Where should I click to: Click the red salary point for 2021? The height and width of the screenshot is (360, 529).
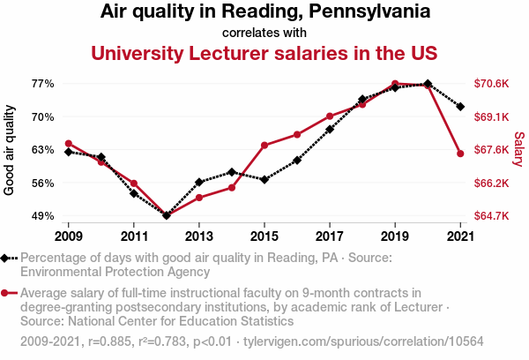point(460,154)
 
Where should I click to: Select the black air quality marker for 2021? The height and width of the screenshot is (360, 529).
point(460,107)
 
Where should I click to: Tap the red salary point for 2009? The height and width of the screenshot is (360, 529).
point(69,144)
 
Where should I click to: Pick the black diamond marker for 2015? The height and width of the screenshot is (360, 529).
point(264,179)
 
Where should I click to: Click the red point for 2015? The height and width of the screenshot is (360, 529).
point(264,145)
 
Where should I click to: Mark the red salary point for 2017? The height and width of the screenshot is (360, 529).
point(330,116)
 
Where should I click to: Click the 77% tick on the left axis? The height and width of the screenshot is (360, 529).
point(43,84)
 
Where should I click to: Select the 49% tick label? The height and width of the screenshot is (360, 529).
point(43,216)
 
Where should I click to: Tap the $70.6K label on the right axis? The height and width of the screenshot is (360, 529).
point(491,84)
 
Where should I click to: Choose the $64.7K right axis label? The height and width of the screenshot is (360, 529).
point(491,216)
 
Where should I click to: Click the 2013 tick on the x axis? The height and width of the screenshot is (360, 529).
point(199,236)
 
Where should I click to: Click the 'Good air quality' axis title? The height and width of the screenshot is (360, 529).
point(10,150)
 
